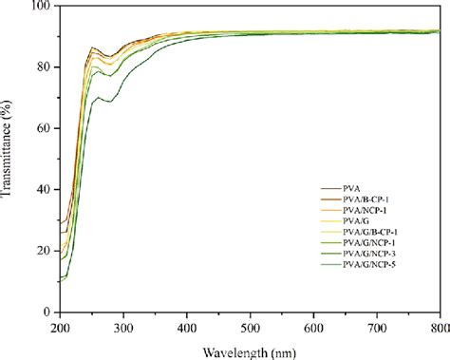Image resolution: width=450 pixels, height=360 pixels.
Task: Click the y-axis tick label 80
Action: point(42,68)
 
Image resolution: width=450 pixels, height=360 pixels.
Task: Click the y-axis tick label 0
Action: point(46,312)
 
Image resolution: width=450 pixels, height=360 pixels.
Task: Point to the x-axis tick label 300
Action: point(123,328)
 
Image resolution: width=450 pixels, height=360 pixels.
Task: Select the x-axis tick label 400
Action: point(187,328)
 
